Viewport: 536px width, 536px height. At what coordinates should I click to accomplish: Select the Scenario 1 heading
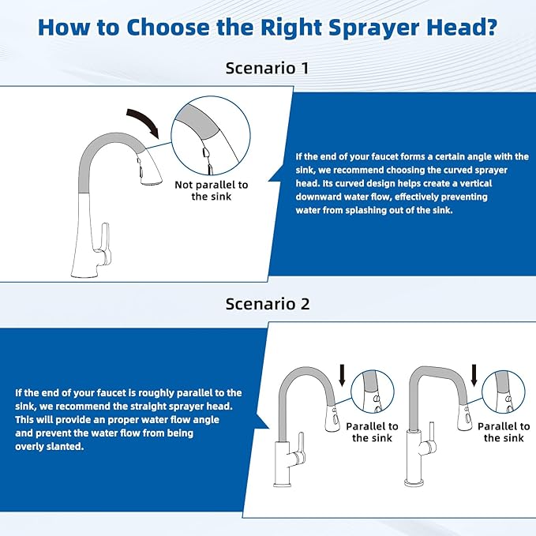tap(267, 68)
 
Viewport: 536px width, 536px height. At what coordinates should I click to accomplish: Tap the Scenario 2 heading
tap(267, 304)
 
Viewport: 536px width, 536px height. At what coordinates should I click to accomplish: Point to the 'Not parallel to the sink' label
tap(210, 190)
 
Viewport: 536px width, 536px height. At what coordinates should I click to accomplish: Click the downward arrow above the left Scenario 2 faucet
tap(340, 373)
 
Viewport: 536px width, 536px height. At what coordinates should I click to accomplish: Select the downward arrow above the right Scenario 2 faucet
tap(473, 373)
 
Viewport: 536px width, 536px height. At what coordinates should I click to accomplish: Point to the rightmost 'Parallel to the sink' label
tap(503, 432)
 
